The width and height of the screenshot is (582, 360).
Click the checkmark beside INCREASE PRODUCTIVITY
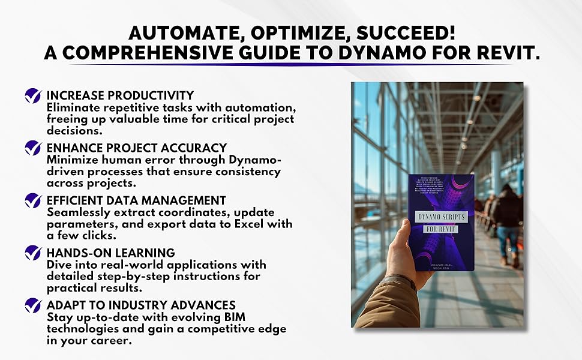coord(33,96)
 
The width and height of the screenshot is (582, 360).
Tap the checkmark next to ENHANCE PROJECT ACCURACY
coord(33,148)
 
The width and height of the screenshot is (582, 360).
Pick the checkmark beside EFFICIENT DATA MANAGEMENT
coord(33,200)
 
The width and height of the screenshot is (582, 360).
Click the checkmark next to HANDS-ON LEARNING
coord(33,253)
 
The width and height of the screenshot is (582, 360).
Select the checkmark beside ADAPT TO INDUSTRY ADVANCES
coord(33,305)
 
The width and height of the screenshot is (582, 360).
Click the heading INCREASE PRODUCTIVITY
coord(120,95)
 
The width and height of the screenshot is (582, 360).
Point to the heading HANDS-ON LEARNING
coord(110,253)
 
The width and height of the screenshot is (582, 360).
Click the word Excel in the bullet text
coord(240,224)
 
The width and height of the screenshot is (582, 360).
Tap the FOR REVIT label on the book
coord(442,229)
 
